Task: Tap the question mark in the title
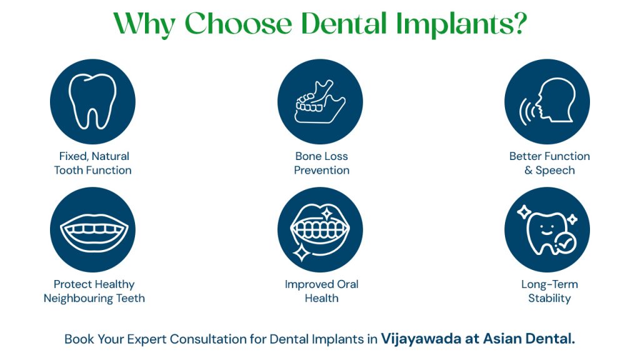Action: click(518, 24)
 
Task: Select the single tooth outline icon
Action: click(92, 102)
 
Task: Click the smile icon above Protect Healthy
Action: click(92, 230)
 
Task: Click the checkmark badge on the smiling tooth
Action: click(564, 246)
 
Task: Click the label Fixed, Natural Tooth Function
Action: click(92, 163)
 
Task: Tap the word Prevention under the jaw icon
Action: click(321, 170)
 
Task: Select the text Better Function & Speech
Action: click(549, 163)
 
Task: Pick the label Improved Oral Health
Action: click(321, 291)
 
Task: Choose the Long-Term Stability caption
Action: click(549, 291)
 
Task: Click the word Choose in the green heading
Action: click(238, 24)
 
